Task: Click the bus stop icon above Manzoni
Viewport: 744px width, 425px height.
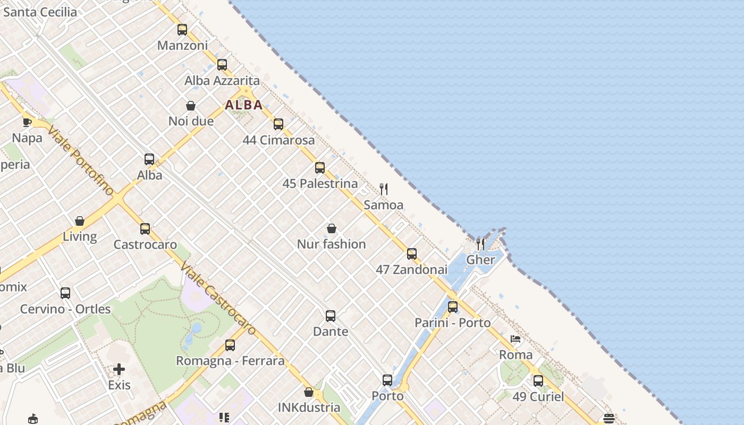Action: (x=182, y=30)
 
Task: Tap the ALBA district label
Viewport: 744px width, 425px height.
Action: (x=244, y=105)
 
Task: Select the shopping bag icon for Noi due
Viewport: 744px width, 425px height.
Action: (x=191, y=106)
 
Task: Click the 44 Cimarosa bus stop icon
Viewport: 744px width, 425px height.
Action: (x=278, y=124)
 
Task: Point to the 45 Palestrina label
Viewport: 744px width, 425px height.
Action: (x=320, y=184)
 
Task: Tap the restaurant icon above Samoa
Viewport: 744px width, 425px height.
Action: (x=384, y=189)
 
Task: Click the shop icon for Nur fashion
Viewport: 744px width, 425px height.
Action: (x=332, y=228)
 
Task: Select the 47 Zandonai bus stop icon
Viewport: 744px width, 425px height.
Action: (x=412, y=254)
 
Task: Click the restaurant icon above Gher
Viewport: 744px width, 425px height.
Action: (x=480, y=244)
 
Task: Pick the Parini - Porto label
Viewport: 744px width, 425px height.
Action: (x=452, y=322)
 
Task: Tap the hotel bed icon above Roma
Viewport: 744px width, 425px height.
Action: (x=515, y=339)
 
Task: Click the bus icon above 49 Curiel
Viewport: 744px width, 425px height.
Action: (x=538, y=381)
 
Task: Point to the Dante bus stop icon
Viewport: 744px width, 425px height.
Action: (x=331, y=316)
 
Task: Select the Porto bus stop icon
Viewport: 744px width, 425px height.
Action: (x=387, y=380)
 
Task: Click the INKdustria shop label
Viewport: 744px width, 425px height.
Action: (x=309, y=407)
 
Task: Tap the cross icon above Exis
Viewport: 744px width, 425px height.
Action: (x=119, y=369)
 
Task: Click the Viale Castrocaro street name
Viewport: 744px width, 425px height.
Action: (x=218, y=299)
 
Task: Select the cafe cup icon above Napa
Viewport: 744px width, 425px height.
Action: (x=27, y=122)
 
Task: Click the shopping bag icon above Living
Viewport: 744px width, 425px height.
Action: (x=80, y=221)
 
